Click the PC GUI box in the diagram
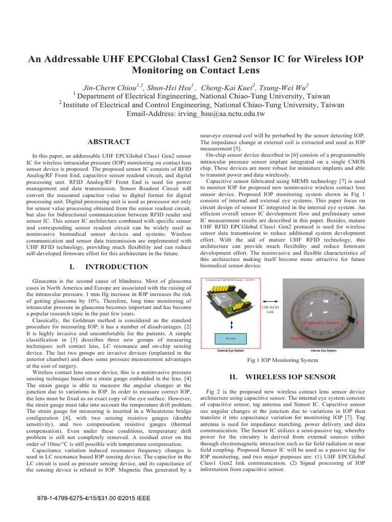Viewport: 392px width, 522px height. pos(230,338)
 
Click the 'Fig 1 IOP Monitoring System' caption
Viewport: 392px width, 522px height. pos(282,360)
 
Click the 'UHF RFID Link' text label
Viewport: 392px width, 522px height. pos(270,309)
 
